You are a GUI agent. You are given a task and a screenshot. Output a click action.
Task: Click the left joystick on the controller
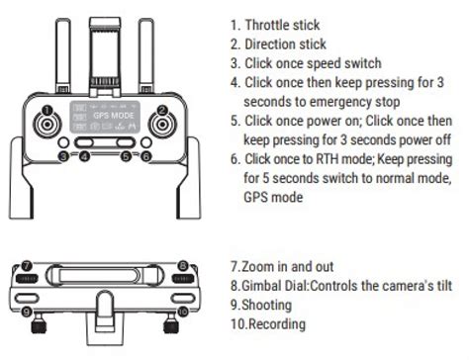click(46, 125)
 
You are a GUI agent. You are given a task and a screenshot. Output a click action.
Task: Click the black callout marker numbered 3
click(62, 155)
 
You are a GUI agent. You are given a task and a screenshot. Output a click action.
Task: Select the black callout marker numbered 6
click(145, 155)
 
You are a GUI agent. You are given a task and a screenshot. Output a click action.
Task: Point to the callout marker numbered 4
click(81, 155)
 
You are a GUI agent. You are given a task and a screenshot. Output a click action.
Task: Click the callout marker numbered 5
click(127, 155)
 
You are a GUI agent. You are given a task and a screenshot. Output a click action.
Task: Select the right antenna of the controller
click(147, 49)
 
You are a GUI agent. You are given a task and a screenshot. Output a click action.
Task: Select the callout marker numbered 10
click(182, 313)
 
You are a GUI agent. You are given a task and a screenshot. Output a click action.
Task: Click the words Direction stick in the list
click(288, 45)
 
